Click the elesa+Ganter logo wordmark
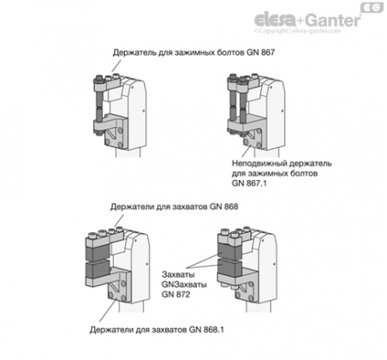[x=307, y=20]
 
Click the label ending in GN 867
[x=193, y=52]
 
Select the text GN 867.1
[x=249, y=183]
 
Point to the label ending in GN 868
[x=174, y=207]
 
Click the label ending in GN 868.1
[x=157, y=330]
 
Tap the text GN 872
[x=176, y=294]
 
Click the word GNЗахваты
[x=184, y=285]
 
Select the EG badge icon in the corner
[x=372, y=8]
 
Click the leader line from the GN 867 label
[x=115, y=66]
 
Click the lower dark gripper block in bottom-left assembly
[x=98, y=270]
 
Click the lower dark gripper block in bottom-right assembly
[x=229, y=267]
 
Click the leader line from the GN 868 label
[x=119, y=220]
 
